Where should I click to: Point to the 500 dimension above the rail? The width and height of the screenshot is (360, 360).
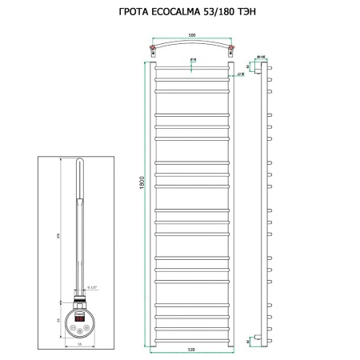click(192, 35)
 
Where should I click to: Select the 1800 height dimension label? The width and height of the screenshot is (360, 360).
click(141, 204)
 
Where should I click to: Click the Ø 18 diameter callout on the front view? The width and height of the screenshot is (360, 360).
click(194, 61)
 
